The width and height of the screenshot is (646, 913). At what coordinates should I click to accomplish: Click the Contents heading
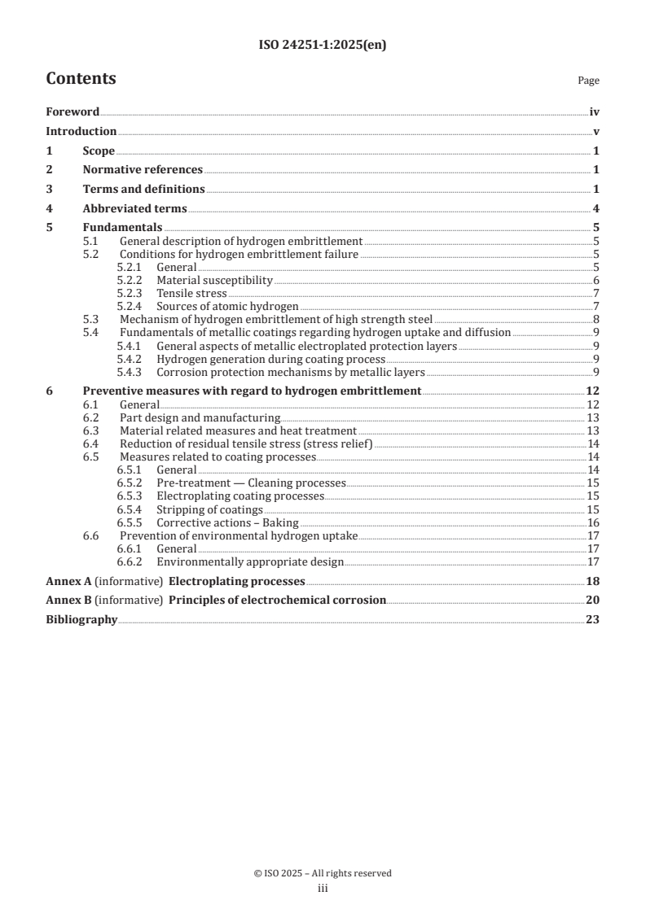click(81, 79)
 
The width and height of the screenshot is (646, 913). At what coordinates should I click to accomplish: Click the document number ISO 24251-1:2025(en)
click(323, 46)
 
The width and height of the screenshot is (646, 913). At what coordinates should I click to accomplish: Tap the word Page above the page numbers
click(588, 81)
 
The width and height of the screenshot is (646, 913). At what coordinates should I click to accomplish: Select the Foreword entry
click(73, 113)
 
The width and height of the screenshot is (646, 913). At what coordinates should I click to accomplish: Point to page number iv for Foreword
click(595, 113)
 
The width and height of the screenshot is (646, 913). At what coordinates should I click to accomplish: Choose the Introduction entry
click(81, 132)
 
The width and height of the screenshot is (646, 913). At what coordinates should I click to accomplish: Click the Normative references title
click(143, 169)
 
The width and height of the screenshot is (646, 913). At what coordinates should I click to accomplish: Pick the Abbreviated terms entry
click(134, 207)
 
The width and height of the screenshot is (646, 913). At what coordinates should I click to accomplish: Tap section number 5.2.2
click(130, 280)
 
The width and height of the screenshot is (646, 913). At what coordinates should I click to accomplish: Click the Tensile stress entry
click(191, 293)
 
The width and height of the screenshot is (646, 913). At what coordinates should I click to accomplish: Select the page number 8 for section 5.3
click(597, 319)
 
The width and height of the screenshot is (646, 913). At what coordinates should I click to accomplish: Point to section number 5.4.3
click(130, 373)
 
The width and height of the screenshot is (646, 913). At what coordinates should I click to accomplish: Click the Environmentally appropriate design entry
click(250, 561)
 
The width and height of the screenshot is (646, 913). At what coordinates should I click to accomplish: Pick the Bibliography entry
click(81, 619)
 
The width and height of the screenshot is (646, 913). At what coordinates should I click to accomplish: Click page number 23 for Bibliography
click(593, 619)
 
